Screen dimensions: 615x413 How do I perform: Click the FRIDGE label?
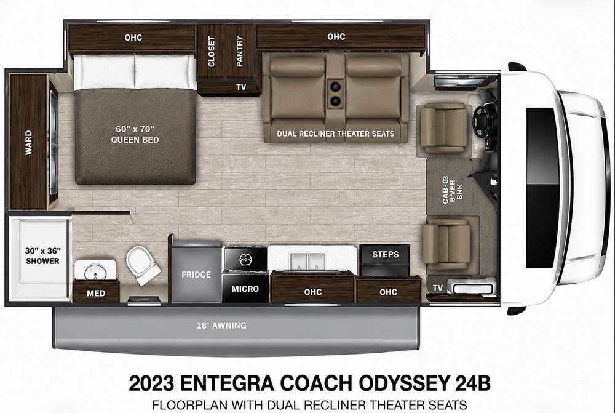tap(196, 275)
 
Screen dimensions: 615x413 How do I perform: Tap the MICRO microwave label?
tap(245, 289)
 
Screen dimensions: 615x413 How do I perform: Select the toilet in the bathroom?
tap(142, 264)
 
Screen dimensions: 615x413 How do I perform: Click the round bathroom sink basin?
tap(95, 271)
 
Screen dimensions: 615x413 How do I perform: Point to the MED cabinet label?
tap(96, 293)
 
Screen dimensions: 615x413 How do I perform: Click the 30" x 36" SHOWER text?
tap(43, 255)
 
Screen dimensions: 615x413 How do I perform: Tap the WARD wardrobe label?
tap(29, 143)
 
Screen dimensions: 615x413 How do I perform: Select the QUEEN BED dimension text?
tap(135, 134)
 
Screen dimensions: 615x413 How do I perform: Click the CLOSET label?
tap(212, 52)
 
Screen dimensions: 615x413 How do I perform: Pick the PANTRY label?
tap(240, 52)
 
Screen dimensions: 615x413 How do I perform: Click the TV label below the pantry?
tap(241, 87)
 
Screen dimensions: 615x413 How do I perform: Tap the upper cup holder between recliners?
tap(335, 86)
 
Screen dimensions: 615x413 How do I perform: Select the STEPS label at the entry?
tap(385, 254)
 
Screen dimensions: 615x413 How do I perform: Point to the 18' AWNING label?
tap(221, 326)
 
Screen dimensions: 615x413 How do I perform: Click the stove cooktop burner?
tap(246, 259)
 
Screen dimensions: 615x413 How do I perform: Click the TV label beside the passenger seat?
tap(438, 288)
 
